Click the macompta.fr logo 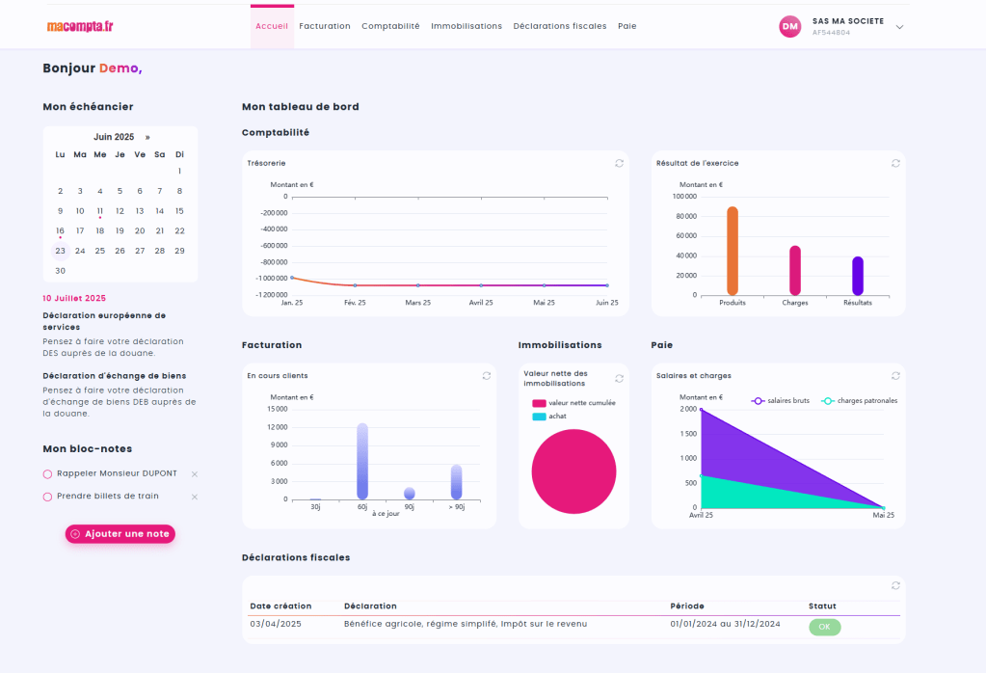pos(80,26)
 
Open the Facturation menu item pos(325,26)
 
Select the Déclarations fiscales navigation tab pos(560,26)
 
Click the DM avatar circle pos(790,26)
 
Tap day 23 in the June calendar pos(60,251)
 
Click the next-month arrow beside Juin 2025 pos(147,137)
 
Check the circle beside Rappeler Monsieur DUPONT pos(47,473)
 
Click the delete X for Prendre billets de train pos(195,497)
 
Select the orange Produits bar pos(733,251)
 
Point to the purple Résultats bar pos(858,276)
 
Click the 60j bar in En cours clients pos(362,461)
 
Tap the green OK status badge pos(824,627)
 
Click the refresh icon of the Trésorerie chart pos(619,163)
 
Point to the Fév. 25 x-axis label pos(355,302)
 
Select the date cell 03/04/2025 pos(276,624)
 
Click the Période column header pos(687,606)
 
